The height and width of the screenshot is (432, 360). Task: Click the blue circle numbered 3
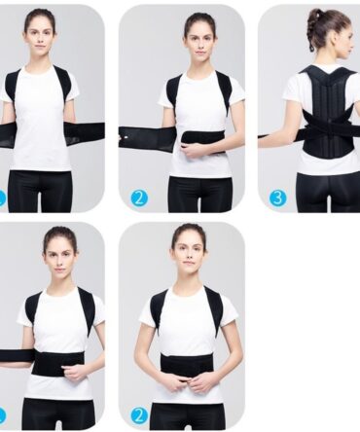(278, 198)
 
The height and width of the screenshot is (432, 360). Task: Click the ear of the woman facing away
(343, 44)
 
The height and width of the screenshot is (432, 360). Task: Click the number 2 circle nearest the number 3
(140, 198)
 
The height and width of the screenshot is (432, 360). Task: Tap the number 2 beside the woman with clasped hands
(140, 415)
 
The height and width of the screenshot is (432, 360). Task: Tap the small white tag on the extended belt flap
(123, 138)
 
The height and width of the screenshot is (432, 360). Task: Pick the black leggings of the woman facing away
(328, 193)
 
